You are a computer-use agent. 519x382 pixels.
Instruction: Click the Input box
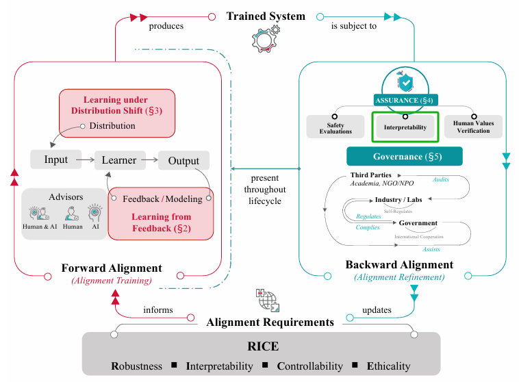tap(55, 160)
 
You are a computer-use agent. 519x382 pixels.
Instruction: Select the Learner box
tap(120, 160)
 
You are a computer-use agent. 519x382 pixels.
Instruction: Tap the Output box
tap(183, 161)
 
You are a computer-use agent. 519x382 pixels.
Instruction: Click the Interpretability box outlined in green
tap(405, 127)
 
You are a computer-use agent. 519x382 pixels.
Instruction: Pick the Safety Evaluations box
tap(336, 127)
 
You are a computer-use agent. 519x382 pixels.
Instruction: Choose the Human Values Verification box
tap(473, 127)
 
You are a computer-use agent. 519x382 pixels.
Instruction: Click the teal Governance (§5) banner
tap(405, 156)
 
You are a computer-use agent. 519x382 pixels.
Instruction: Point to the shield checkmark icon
tap(405, 81)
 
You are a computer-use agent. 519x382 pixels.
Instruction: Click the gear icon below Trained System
tap(266, 40)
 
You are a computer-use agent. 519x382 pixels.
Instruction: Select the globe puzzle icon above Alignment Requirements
tap(268, 301)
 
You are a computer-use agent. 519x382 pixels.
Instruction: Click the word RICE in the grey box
tap(263, 346)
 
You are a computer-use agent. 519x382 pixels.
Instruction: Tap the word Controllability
tap(309, 366)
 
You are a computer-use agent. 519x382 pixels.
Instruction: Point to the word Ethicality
tap(389, 366)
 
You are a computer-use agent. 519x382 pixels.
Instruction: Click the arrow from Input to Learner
tap(86, 160)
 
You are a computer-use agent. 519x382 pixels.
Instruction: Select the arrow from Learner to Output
tap(150, 160)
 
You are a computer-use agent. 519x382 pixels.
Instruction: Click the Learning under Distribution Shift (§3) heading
tap(116, 105)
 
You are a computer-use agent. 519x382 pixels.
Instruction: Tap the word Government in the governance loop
tap(418, 222)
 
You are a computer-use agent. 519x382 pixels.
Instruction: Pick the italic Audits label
tap(440, 179)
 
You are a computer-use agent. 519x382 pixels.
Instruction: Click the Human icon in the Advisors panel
tap(72, 214)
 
